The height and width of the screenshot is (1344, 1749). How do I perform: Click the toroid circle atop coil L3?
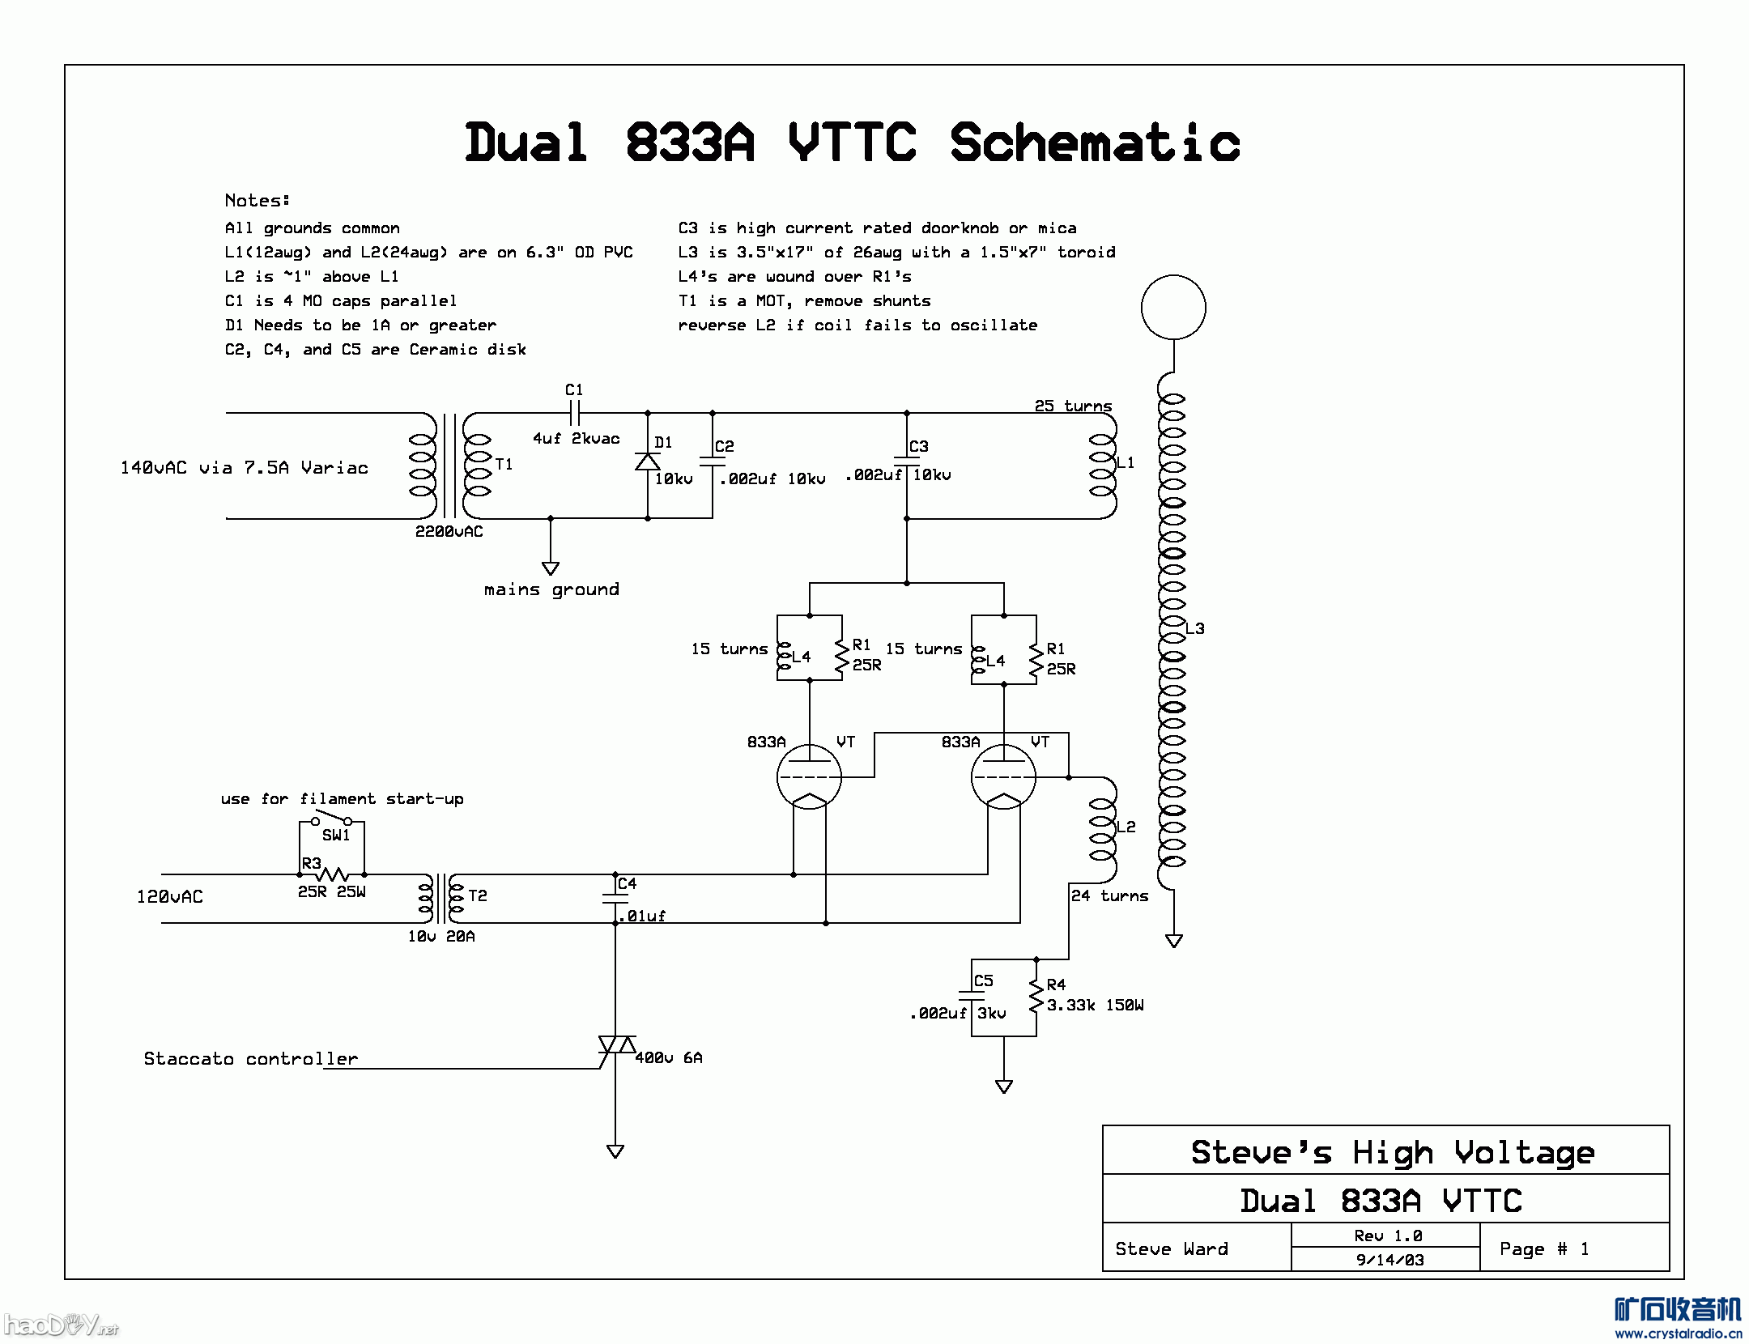coord(1173,308)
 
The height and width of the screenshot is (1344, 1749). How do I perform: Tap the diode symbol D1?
coord(647,461)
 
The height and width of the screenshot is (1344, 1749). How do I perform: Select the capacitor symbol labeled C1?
coord(575,413)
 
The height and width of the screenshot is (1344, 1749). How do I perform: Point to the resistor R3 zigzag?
coord(332,874)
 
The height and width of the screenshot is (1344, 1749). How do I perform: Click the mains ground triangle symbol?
coord(551,568)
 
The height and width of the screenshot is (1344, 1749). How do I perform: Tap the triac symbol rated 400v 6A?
coord(616,1045)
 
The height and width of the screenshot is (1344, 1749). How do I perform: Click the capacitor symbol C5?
coord(972,996)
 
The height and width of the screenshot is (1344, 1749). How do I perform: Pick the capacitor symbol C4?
coord(615,899)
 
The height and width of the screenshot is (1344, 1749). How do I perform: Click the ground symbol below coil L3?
coord(1173,940)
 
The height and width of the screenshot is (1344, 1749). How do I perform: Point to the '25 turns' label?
coord(1073,406)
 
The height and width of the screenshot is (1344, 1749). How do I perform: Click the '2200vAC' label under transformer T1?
coord(449,532)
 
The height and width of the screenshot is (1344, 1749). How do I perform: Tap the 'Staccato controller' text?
coord(250,1059)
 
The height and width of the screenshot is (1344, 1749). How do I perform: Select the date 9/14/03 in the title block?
coord(1389,1260)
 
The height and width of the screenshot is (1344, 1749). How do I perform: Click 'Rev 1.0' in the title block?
coord(1388,1236)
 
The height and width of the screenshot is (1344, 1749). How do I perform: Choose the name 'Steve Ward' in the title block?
coord(1171,1249)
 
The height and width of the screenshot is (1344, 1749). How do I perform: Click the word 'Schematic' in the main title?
coord(1094,143)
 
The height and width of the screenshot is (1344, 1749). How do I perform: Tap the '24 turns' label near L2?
coord(1109,896)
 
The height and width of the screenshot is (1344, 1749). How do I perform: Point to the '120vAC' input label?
coord(169,897)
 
